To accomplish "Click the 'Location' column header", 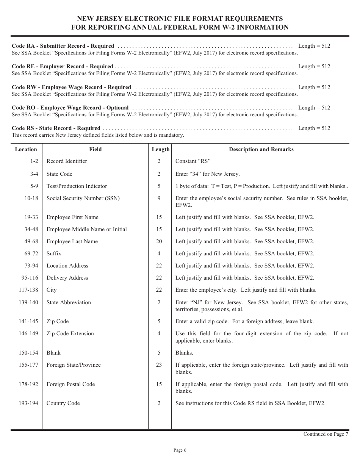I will (26, 149).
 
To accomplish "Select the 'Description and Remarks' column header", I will (261, 149).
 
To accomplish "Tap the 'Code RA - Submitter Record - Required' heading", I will (63, 46).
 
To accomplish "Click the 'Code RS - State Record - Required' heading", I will (56, 128).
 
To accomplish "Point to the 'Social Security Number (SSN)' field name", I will (83, 198).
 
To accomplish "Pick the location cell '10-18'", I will (31, 198).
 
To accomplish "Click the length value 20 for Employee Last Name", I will (159, 241).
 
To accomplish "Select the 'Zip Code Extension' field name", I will (70, 333).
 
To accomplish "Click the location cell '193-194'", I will (28, 403).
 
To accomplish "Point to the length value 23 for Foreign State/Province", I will (159, 365).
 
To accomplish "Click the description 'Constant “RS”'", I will (193, 161).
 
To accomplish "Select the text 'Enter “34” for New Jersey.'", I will (207, 174).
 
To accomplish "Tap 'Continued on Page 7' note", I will (326, 434).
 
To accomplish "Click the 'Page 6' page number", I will (180, 450).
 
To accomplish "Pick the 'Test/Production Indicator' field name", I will (77, 186).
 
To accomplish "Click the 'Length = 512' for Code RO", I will (314, 108).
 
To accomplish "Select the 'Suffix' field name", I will (54, 253).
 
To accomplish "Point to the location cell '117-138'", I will (28, 290).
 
